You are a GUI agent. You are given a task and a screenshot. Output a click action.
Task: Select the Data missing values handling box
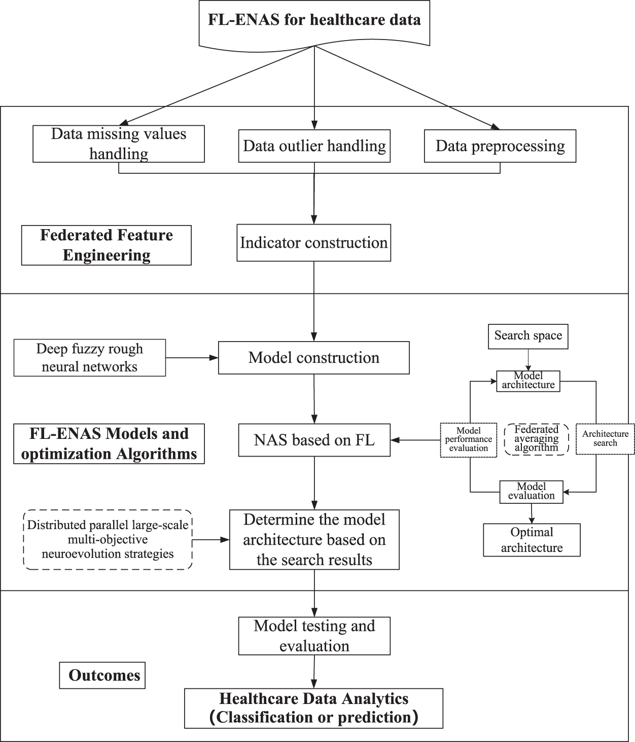pyautogui.click(x=119, y=144)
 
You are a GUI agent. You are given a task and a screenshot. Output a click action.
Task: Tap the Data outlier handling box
pyautogui.click(x=314, y=146)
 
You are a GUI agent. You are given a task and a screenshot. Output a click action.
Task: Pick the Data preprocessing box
pyautogui.click(x=500, y=146)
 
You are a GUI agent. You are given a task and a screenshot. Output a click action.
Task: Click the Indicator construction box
pyautogui.click(x=314, y=243)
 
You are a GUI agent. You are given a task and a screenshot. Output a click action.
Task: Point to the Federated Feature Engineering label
pyautogui.click(x=107, y=245)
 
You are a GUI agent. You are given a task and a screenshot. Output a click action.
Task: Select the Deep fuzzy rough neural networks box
pyautogui.click(x=90, y=358)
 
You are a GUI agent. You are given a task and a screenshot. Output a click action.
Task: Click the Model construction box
pyautogui.click(x=314, y=358)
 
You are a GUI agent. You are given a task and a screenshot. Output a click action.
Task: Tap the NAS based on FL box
pyautogui.click(x=314, y=440)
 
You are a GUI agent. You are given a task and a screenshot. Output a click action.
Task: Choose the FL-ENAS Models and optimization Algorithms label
pyautogui.click(x=109, y=443)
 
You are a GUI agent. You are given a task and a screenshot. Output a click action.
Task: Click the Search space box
pyautogui.click(x=528, y=336)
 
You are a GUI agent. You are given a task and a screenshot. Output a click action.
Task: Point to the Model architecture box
pyautogui.click(x=528, y=381)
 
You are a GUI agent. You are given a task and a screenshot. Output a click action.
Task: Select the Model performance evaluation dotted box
pyautogui.click(x=468, y=440)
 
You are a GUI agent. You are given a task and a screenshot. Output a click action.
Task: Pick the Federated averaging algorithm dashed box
pyautogui.click(x=537, y=439)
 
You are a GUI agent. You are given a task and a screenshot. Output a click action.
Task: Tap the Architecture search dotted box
pyautogui.click(x=605, y=438)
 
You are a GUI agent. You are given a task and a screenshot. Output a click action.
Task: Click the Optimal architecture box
pyautogui.click(x=532, y=540)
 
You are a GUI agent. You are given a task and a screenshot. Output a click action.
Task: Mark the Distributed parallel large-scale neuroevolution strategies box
pyautogui.click(x=108, y=540)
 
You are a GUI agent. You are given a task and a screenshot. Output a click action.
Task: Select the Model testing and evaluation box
pyautogui.click(x=314, y=636)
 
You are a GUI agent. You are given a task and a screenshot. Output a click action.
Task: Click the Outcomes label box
pyautogui.click(x=102, y=675)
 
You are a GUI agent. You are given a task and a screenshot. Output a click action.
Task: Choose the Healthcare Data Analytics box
pyautogui.click(x=314, y=709)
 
